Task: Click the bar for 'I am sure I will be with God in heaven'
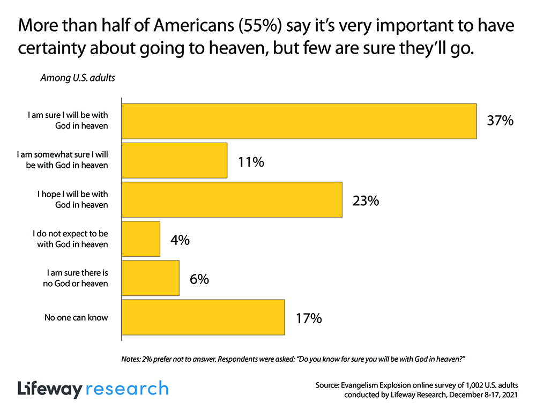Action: (x=299, y=121)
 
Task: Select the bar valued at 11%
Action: (x=175, y=160)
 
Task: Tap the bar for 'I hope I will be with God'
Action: (x=232, y=200)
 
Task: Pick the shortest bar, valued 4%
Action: (x=141, y=239)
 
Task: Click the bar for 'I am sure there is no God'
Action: (x=151, y=278)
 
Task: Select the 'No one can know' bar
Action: (x=203, y=317)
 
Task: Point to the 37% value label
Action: (x=500, y=121)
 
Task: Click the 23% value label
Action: (x=366, y=201)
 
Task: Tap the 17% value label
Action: (x=309, y=318)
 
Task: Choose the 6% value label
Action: (x=198, y=279)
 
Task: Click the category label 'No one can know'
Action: (x=76, y=317)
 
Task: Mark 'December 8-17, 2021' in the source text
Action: (x=485, y=396)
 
